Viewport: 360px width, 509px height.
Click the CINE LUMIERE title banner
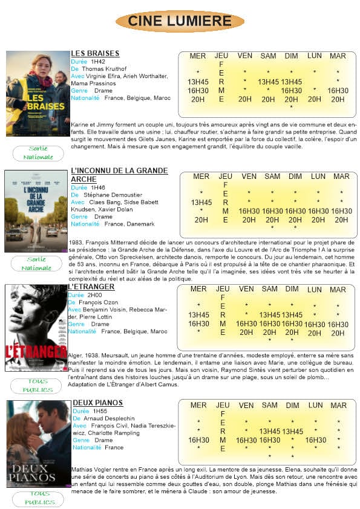[x=180, y=21]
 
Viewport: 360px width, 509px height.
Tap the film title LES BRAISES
[x=95, y=53]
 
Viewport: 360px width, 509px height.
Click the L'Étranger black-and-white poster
[x=36, y=327]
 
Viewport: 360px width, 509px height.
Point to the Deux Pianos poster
[x=39, y=444]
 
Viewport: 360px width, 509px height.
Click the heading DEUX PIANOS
[x=97, y=403]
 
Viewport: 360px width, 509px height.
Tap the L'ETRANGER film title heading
[x=91, y=287]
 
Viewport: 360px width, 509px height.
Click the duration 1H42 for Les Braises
[x=98, y=62]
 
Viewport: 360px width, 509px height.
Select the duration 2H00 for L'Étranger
[x=96, y=295]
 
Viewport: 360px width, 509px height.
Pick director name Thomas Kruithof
[x=103, y=69]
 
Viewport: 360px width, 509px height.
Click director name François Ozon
[x=100, y=302]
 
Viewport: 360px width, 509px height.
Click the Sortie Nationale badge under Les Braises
[x=38, y=153]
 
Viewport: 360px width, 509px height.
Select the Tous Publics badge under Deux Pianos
[x=38, y=498]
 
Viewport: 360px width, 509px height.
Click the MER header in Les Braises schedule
[x=198, y=56]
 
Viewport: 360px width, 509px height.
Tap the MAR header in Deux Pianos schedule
[x=338, y=406]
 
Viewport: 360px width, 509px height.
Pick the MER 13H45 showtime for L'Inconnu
[x=201, y=203]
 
